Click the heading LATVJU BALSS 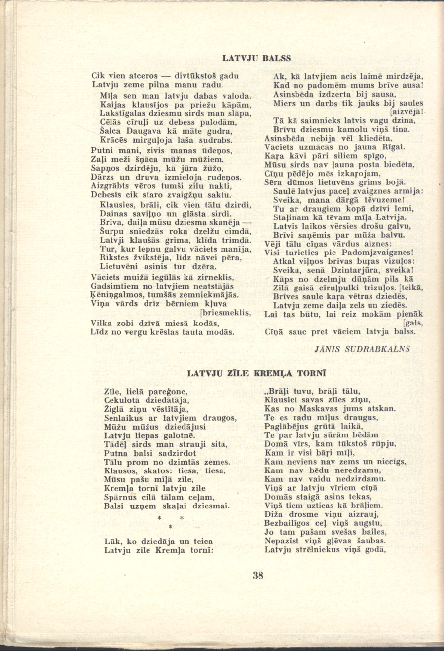257,58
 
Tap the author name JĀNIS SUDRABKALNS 362,349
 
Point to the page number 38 258,575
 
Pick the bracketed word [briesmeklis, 225,313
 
